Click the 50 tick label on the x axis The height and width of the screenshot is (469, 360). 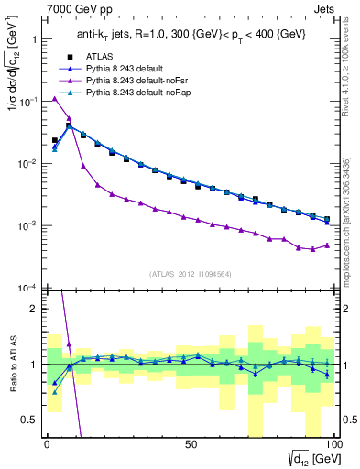click(190, 443)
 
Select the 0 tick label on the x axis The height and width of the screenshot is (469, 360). click(47, 443)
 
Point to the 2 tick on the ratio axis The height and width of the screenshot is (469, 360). click(35, 309)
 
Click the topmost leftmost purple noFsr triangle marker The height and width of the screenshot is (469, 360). click(54, 98)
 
